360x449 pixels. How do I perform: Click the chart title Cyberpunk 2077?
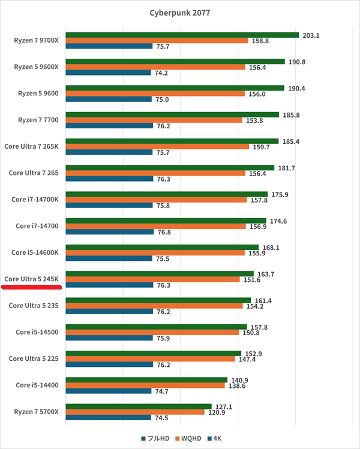[x=180, y=13]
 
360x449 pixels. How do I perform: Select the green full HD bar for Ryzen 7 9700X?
[x=182, y=35]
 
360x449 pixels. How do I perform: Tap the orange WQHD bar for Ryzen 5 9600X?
[x=155, y=67]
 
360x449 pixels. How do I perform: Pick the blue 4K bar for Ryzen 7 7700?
[x=109, y=126]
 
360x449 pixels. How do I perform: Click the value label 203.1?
[x=311, y=35]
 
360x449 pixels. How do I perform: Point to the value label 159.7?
[x=261, y=147]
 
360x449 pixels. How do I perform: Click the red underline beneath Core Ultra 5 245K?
[x=32, y=287]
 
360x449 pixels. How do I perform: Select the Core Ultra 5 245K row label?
[x=31, y=279]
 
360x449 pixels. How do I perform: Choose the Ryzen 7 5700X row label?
[x=36, y=411]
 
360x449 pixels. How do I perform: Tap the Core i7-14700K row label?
[x=35, y=199]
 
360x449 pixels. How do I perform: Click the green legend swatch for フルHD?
[x=143, y=438]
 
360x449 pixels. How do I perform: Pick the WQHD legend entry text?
[x=191, y=438]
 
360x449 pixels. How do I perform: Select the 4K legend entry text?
[x=217, y=438]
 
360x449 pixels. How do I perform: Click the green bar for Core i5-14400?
[x=146, y=379]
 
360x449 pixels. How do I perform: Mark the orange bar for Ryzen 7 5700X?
[x=135, y=412]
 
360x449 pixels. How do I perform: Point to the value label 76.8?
[x=164, y=232]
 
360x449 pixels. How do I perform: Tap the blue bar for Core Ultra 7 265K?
[x=109, y=152]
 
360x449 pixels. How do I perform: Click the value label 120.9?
[x=217, y=412]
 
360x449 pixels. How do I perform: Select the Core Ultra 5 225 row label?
[x=34, y=358]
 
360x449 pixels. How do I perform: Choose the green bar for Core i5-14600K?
[x=162, y=247]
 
